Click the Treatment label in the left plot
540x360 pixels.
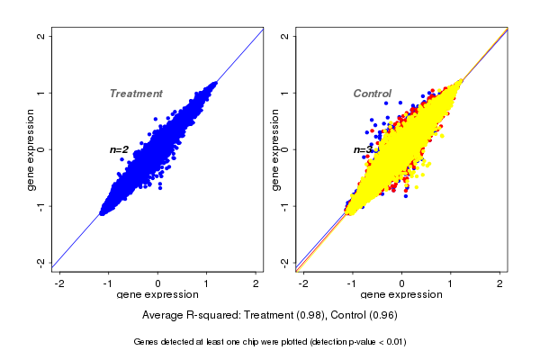136,94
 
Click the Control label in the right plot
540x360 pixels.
372,94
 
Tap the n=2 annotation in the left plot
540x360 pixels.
120,149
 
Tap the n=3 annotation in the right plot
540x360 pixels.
363,150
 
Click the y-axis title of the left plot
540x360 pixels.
31,149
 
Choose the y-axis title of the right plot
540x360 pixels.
275,149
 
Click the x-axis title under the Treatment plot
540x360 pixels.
158,295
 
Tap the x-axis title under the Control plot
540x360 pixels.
401,295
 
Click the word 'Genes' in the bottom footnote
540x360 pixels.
148,342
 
